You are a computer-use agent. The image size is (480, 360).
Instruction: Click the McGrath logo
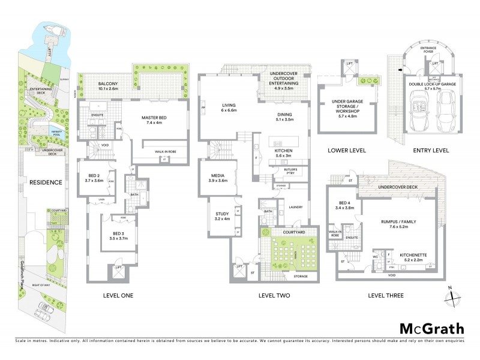[431, 328]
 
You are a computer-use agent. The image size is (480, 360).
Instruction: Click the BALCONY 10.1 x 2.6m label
[100, 85]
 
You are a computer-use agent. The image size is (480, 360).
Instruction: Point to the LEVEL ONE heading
[118, 295]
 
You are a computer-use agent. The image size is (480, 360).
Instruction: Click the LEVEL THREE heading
[386, 295]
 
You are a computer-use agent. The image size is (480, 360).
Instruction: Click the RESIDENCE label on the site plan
[46, 182]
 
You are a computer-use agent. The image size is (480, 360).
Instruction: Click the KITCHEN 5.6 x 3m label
[281, 152]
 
